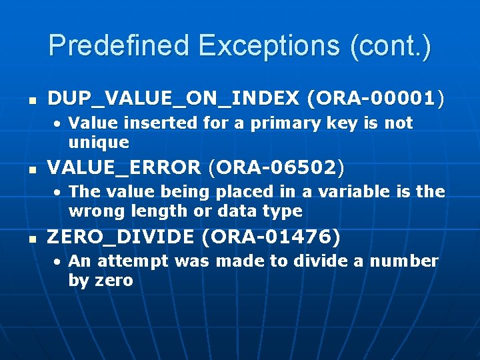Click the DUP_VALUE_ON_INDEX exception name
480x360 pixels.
click(173, 99)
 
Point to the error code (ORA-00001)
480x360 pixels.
click(375, 99)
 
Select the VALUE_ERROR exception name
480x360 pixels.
click(124, 168)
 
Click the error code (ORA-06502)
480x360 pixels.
click(277, 168)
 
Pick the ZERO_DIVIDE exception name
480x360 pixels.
click(120, 237)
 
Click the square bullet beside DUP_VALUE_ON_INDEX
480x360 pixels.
click(30, 101)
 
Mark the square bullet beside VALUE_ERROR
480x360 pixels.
click(30, 169)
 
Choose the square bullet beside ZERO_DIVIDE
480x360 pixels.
click(30, 238)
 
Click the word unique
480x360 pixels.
click(99, 142)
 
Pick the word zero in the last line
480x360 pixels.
click(113, 280)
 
